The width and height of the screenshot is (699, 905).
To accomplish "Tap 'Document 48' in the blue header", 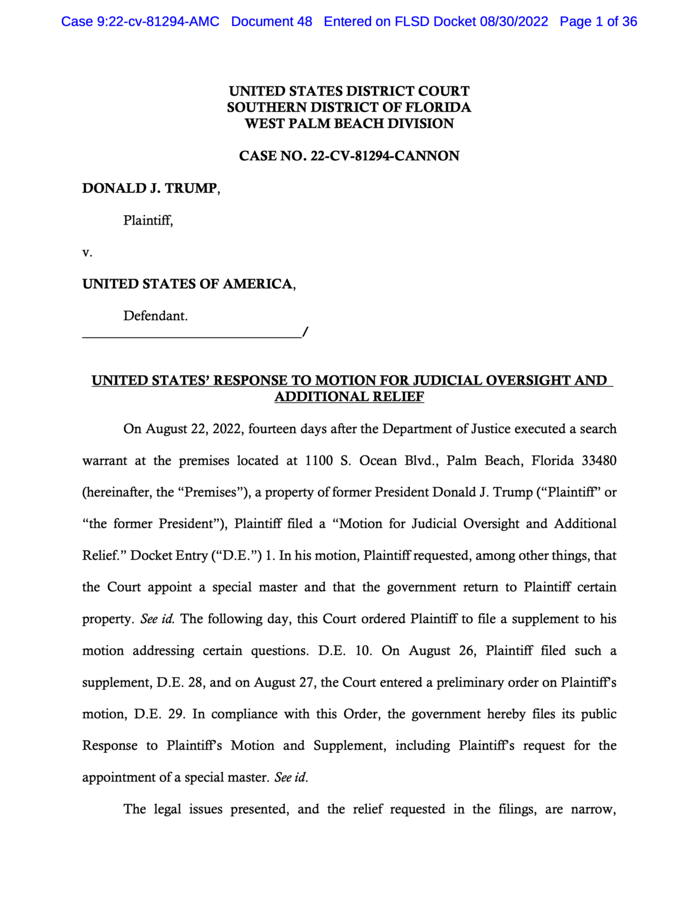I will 271,22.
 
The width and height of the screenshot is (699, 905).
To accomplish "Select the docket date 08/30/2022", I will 514,22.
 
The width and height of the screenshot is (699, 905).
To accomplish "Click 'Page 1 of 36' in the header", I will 598,22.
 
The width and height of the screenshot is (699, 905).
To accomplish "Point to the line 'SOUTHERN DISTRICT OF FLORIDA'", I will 349,107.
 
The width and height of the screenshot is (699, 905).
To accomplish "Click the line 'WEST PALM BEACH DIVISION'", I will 349,124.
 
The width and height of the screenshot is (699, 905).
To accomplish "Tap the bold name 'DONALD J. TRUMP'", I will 150,189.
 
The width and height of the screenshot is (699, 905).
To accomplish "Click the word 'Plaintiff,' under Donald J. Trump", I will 148,220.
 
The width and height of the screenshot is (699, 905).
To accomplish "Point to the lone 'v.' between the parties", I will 87,253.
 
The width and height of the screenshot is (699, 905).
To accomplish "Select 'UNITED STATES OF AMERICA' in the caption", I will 187,284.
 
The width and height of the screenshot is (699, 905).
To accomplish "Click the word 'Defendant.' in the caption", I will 155,316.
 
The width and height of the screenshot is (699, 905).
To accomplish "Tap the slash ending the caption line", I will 304,332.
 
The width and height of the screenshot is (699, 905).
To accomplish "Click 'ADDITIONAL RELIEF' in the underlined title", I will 349,397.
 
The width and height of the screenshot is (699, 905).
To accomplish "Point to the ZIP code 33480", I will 599,461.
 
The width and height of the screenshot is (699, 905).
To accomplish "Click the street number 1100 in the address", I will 319,461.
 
